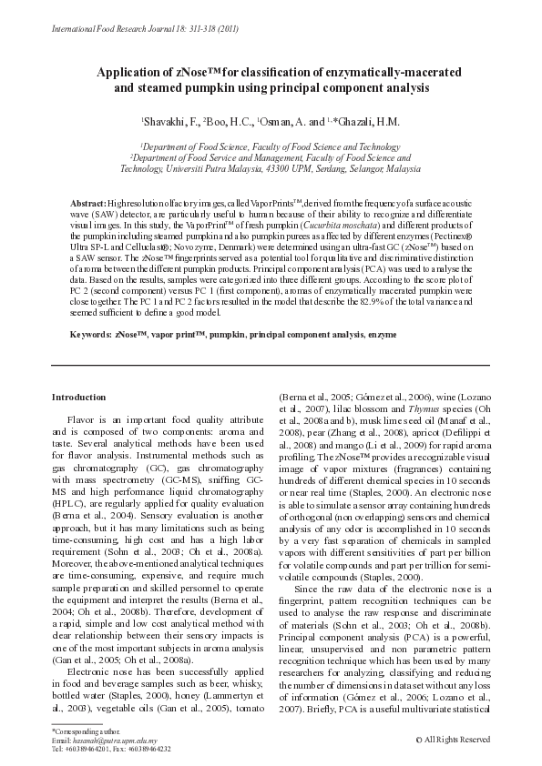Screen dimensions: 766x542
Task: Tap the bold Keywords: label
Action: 92,335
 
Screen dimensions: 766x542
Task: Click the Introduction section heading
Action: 78,397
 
